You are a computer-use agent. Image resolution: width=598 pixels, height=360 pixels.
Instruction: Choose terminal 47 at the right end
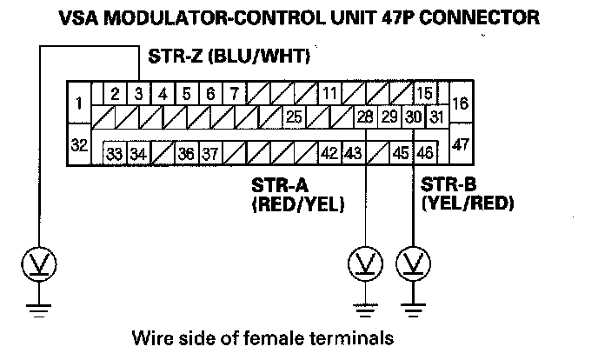[x=461, y=143]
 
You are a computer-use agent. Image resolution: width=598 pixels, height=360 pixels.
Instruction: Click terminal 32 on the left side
[x=79, y=143]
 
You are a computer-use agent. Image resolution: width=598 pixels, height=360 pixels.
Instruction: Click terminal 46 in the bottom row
[x=424, y=153]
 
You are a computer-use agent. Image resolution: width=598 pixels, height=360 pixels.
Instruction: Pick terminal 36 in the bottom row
[x=186, y=153]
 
